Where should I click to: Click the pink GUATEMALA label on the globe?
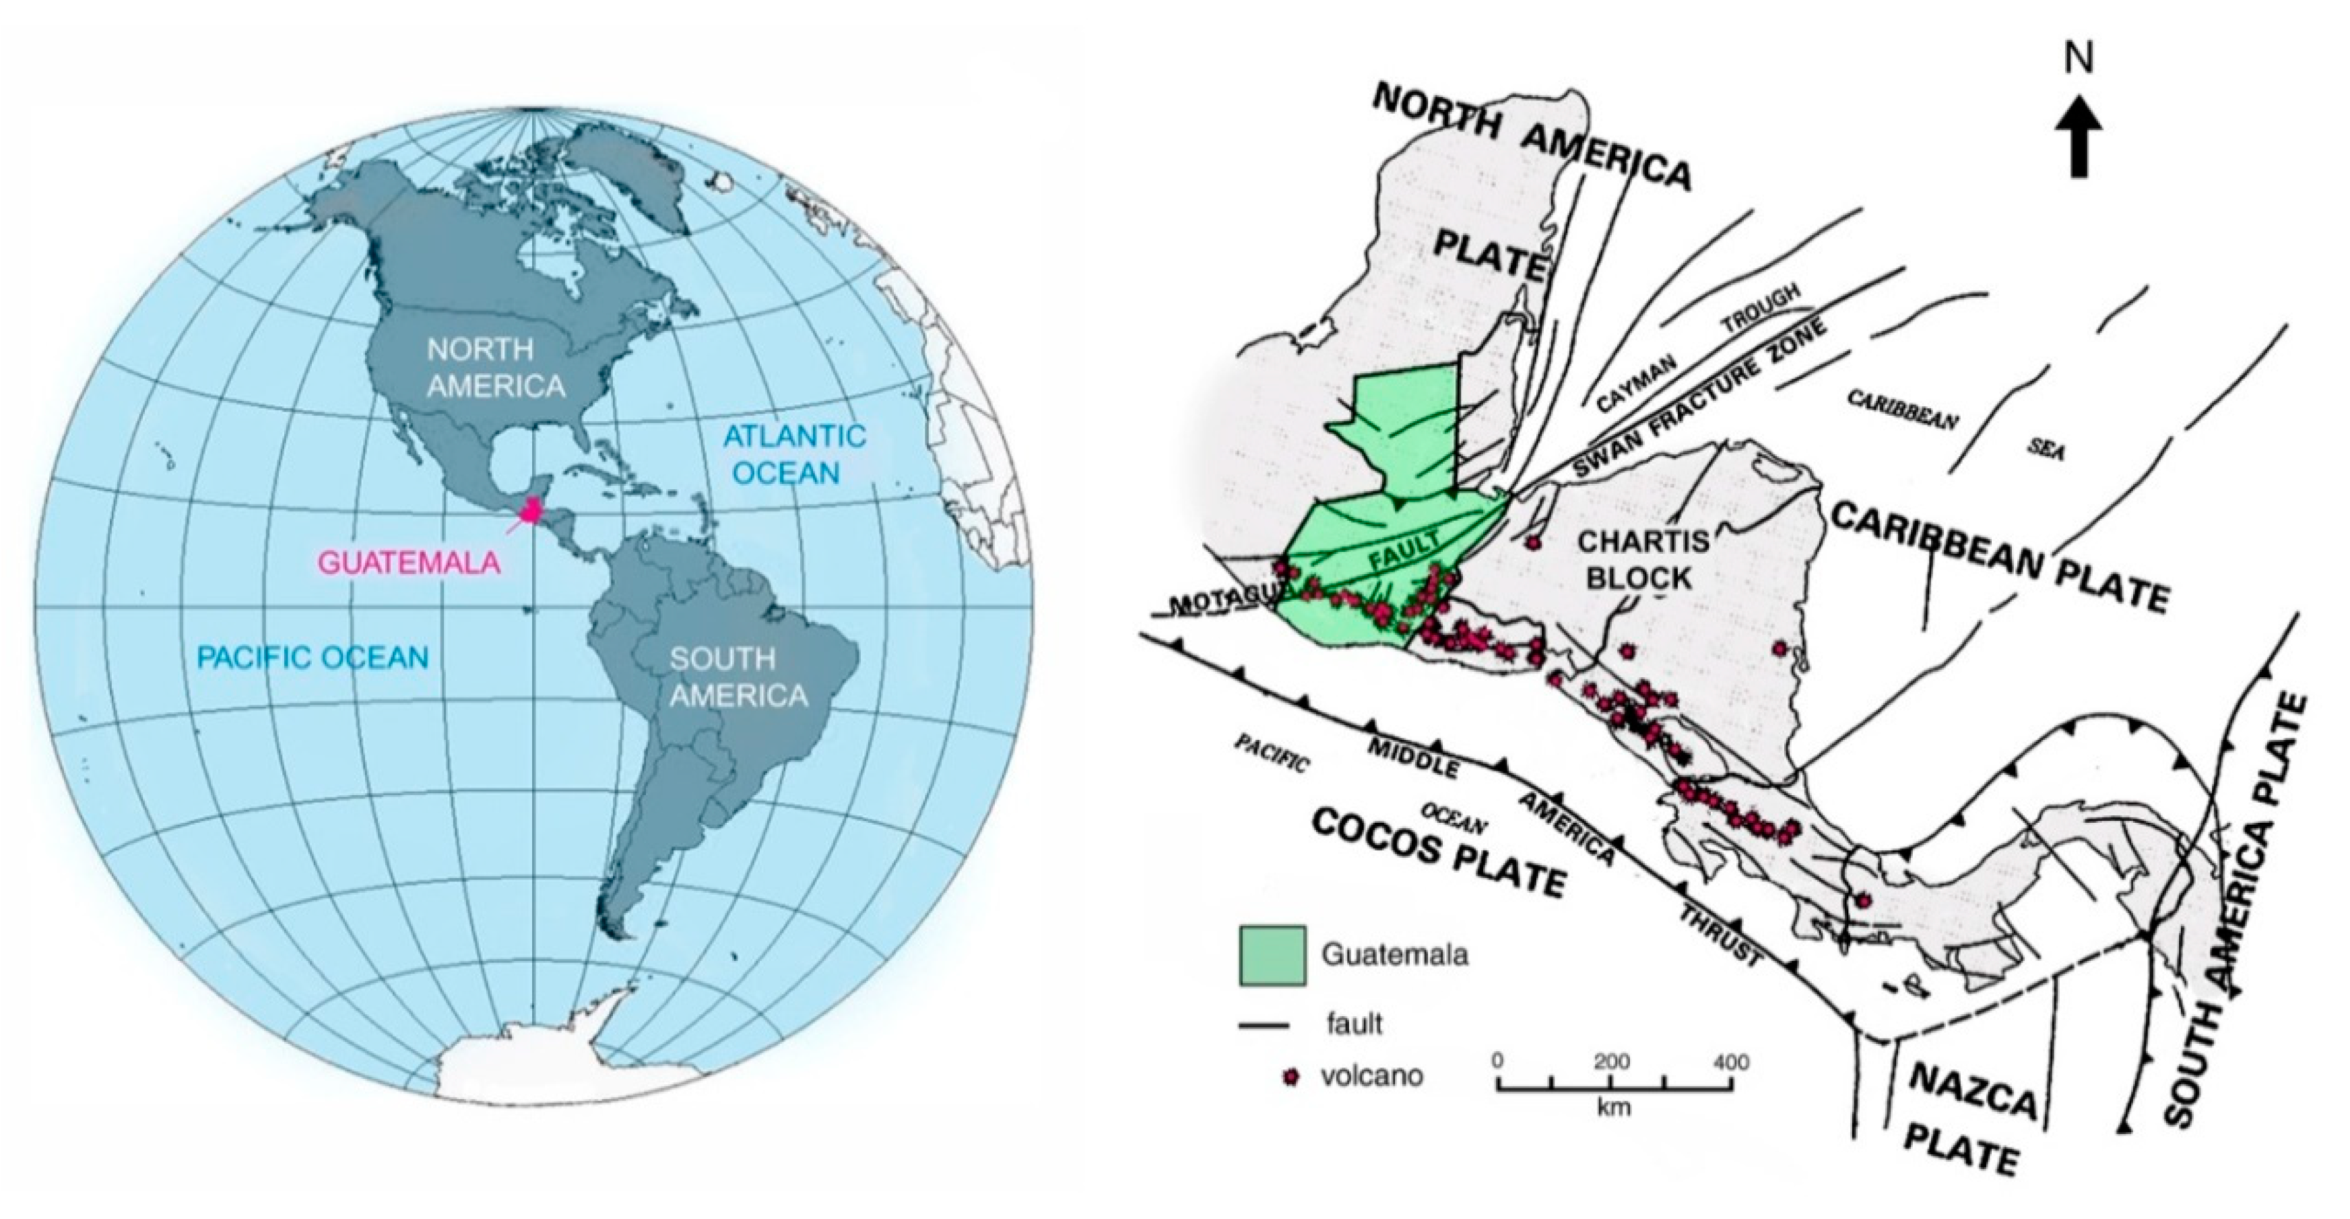pyautogui.click(x=409, y=562)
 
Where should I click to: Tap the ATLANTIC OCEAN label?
pyautogui.click(x=793, y=454)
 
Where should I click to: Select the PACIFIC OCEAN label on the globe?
pyautogui.click(x=313, y=657)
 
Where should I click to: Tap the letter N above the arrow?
pyautogui.click(x=2079, y=59)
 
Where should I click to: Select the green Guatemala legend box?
pyautogui.click(x=1272, y=956)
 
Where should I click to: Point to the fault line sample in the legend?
pyautogui.click(x=1264, y=1026)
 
